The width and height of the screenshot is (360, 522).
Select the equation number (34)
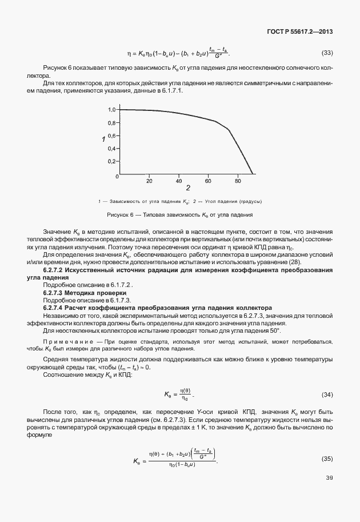[327, 395]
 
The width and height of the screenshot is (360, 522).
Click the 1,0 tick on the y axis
[112, 109]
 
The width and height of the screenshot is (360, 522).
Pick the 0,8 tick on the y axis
[112, 122]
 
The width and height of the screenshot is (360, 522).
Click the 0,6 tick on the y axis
[112, 136]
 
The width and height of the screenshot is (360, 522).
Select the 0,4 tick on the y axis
[112, 148]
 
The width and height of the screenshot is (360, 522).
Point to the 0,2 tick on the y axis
[112, 161]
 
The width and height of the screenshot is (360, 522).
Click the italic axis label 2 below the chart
[187, 188]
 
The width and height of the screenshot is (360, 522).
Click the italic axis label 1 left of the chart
[103, 139]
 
